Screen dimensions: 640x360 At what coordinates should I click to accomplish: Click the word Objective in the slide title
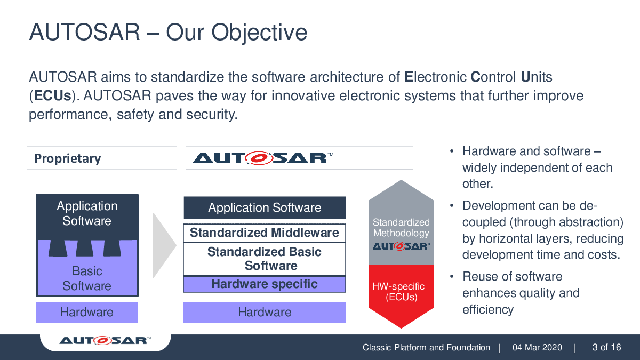[259, 33]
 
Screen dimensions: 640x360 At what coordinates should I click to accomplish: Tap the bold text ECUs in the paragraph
[52, 95]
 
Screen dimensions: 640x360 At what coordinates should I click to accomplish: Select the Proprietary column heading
[67, 158]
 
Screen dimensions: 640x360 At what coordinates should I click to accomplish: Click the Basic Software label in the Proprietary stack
[87, 278]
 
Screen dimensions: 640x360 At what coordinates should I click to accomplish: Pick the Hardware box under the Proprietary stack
[87, 313]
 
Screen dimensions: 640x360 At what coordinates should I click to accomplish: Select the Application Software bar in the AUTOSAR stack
[265, 207]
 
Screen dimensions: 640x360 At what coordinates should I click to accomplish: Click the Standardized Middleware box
[265, 233]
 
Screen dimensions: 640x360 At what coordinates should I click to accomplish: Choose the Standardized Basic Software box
[265, 259]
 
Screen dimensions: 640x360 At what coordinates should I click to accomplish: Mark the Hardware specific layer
[265, 284]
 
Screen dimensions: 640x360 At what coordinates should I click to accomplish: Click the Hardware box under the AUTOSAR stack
[265, 313]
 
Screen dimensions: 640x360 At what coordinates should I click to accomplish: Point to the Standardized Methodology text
[401, 228]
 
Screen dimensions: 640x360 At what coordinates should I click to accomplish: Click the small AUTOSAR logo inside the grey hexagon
[401, 246]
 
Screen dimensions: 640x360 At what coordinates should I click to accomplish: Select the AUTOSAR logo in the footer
[105, 341]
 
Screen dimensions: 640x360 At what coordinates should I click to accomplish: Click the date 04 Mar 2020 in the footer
[537, 347]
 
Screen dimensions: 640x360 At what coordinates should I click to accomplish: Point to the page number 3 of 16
[606, 347]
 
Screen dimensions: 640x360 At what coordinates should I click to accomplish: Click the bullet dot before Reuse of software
[452, 277]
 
